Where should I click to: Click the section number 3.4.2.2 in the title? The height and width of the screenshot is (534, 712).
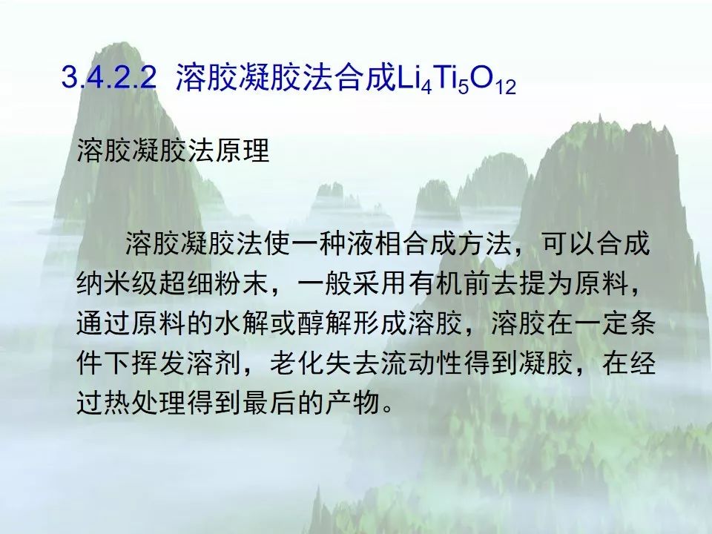tap(109, 76)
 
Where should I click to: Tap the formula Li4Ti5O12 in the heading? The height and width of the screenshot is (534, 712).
tap(455, 79)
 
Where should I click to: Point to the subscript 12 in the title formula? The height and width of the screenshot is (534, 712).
tap(506, 87)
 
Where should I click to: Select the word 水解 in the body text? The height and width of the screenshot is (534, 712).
tap(243, 324)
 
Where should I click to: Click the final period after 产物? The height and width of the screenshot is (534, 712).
tap(387, 408)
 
